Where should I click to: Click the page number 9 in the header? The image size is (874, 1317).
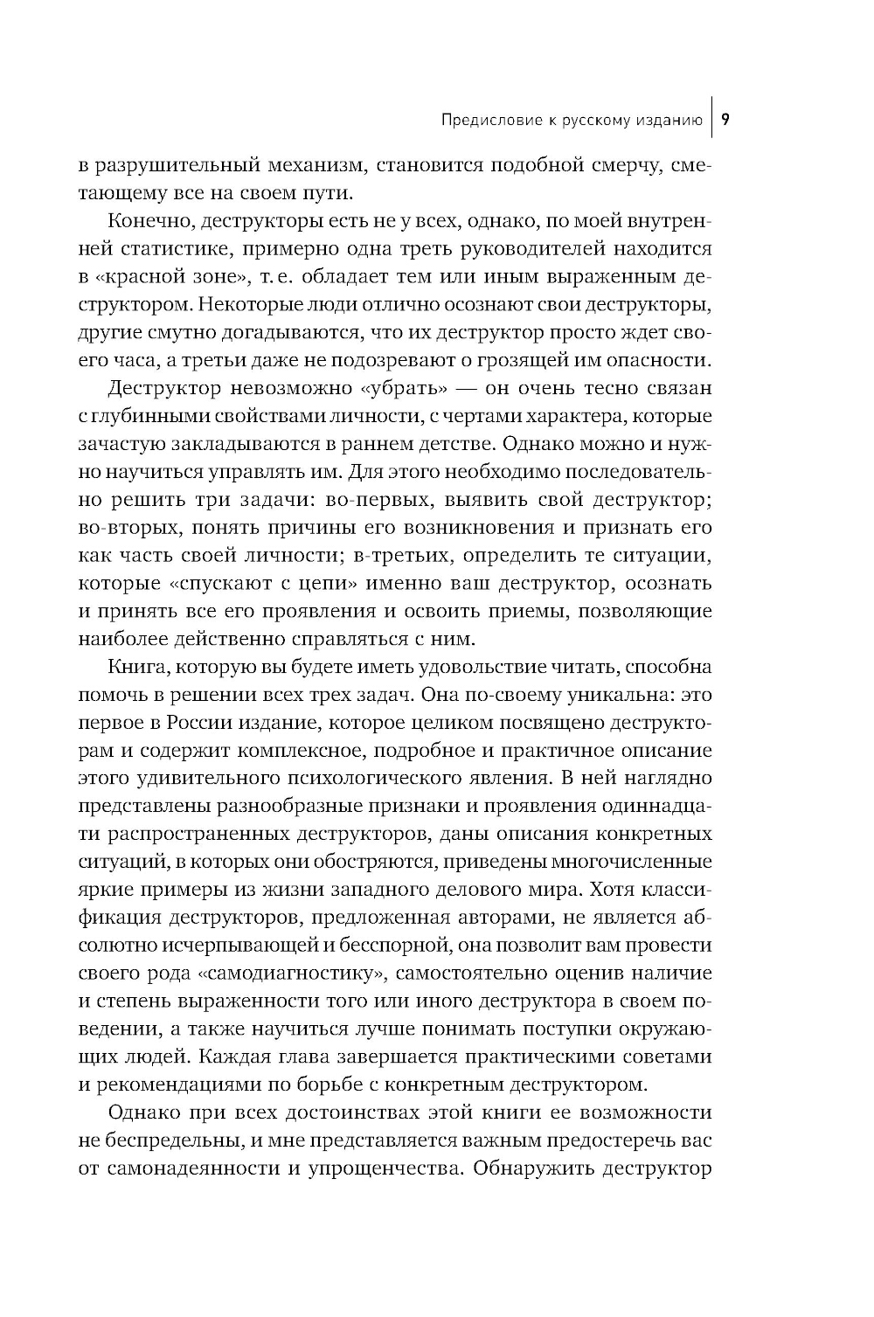point(725,120)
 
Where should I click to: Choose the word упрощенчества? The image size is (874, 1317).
point(380,1169)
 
